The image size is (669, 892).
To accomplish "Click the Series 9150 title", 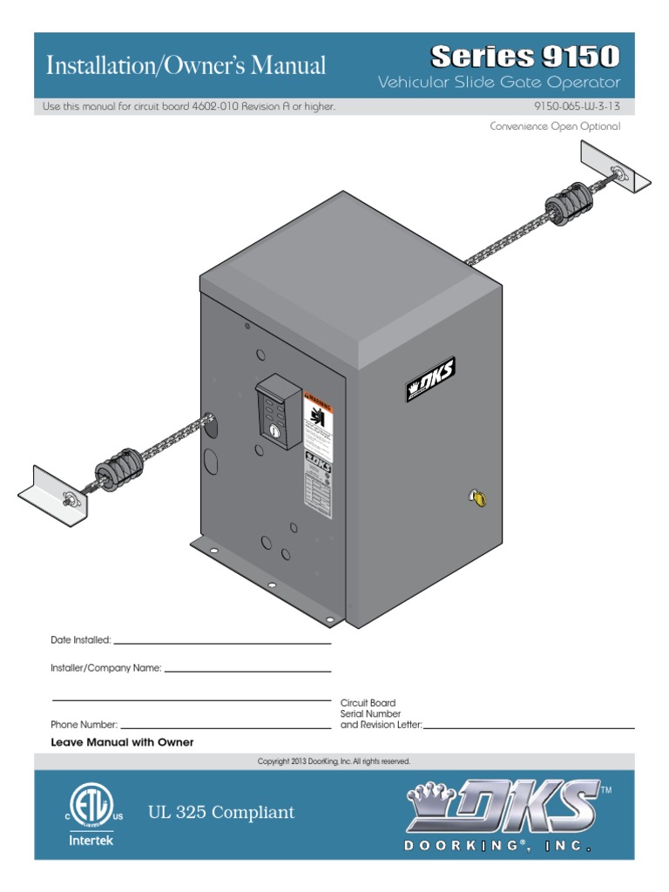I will [x=525, y=57].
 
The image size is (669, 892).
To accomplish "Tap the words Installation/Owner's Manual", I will [x=186, y=64].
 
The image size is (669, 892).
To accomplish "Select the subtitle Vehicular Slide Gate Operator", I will [x=499, y=83].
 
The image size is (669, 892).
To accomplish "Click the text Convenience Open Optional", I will [x=555, y=126].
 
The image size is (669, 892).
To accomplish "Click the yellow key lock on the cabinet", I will [x=477, y=497].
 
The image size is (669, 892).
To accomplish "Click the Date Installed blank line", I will [x=222, y=643].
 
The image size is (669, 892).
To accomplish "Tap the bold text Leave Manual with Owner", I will [x=122, y=742].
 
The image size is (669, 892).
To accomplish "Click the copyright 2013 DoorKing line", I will [x=334, y=761].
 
